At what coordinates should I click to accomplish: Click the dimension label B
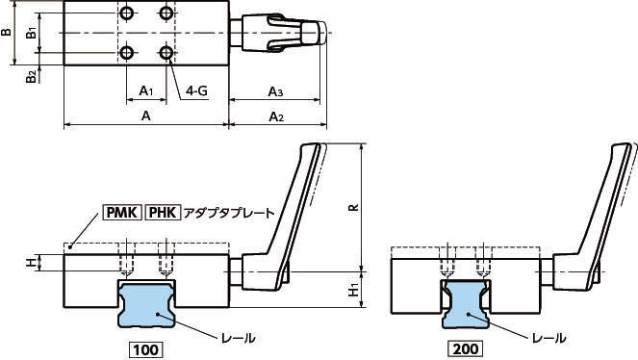pos(6,32)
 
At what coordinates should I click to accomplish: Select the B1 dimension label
pos(32,32)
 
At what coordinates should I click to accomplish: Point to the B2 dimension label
pos(32,75)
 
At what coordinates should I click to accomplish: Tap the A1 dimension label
pos(145,90)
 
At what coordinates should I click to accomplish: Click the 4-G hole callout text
pos(196,90)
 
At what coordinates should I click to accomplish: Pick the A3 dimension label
pos(275,91)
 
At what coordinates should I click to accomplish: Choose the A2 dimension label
pos(276,116)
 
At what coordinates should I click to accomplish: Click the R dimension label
pos(354,207)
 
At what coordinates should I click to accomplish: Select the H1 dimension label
pos(354,290)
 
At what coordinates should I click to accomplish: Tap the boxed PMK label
pos(122,213)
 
